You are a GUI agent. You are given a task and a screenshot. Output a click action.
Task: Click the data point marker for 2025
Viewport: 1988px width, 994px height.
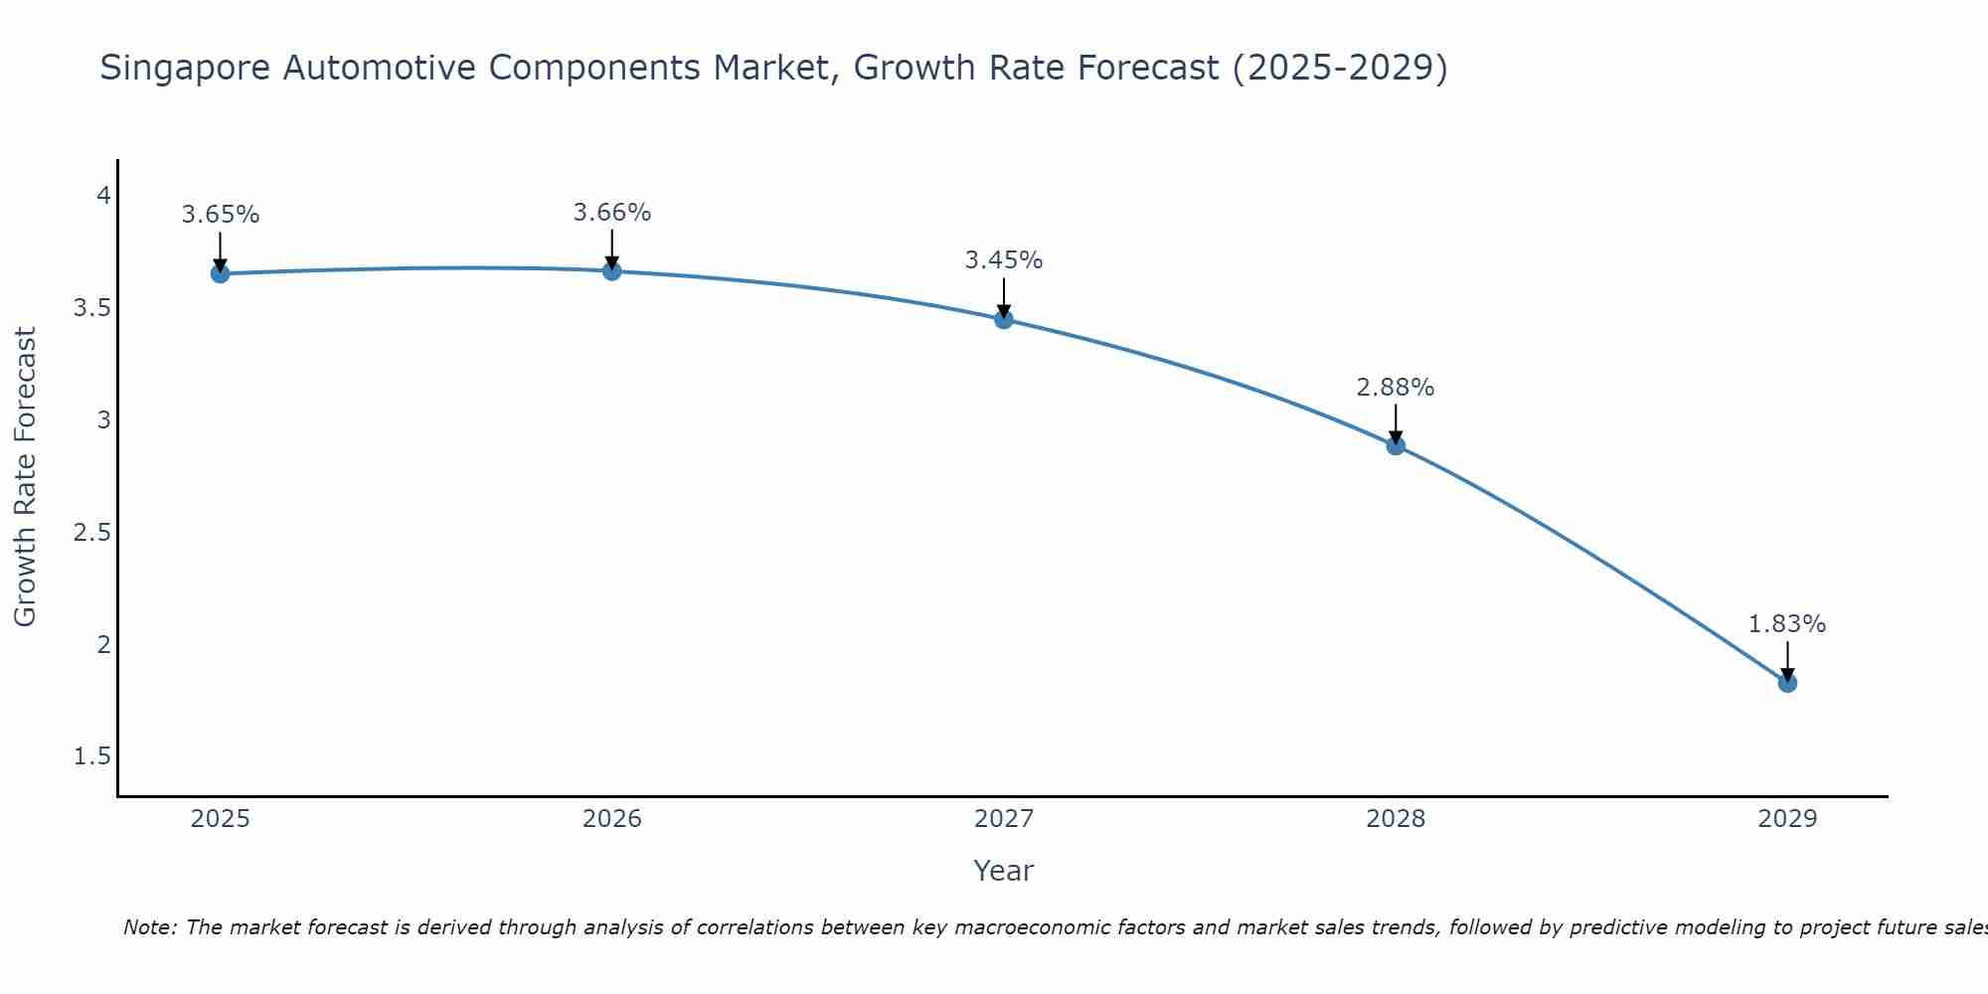coord(220,273)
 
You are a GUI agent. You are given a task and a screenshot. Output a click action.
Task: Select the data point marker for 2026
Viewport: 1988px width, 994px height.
coord(612,270)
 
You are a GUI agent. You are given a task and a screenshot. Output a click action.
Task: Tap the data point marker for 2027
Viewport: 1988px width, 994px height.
coord(1004,319)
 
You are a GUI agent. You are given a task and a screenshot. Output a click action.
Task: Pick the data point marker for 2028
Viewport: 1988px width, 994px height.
coord(1396,445)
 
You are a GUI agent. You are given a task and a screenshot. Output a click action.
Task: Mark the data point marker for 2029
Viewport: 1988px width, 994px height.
coord(1787,683)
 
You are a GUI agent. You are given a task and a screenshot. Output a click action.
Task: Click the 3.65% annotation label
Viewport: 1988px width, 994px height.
coord(220,215)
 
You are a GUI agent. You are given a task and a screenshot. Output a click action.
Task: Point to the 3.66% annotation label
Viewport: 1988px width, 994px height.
coord(612,213)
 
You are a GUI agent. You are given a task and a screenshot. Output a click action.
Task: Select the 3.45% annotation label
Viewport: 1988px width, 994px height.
coord(1004,260)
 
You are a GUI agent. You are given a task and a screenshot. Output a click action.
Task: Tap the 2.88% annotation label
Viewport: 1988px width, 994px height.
coord(1396,388)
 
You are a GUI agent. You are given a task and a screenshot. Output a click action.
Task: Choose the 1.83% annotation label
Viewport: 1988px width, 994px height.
coord(1787,624)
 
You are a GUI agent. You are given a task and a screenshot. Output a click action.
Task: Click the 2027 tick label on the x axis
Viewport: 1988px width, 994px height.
coord(1004,819)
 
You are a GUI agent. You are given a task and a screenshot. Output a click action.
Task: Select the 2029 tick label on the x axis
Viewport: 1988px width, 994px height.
coord(1787,819)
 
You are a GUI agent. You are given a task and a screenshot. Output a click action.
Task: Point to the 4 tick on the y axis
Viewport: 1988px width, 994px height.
coord(103,195)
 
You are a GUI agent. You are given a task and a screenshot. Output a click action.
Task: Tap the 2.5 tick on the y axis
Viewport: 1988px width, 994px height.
coord(92,533)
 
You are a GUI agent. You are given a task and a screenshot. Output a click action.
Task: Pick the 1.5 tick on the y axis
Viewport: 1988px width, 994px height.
coord(92,757)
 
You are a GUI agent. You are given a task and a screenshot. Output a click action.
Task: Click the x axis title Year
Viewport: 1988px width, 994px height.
coord(1004,871)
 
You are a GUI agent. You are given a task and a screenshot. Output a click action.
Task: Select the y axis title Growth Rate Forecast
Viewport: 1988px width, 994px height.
coord(25,477)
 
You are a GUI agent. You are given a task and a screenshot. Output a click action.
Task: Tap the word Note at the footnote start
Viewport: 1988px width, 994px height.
coord(149,927)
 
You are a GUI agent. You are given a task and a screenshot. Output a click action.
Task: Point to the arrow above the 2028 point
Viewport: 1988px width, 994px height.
coord(1396,423)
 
